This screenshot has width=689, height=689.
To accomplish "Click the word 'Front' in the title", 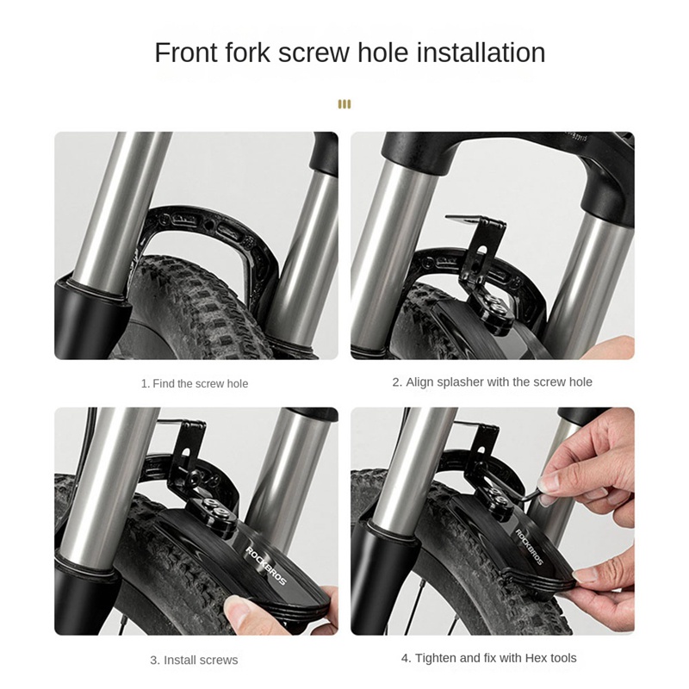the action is (x=186, y=53).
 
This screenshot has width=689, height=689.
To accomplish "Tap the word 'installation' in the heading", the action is (x=481, y=53).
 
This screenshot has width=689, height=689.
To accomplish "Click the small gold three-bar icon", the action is (x=344, y=104).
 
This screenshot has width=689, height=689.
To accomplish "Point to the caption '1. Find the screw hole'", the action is (x=195, y=383).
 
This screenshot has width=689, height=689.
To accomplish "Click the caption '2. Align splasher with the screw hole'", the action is (x=492, y=382).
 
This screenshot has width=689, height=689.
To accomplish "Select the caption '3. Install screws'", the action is (x=194, y=660).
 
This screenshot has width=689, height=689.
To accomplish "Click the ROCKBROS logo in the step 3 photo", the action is (x=265, y=566).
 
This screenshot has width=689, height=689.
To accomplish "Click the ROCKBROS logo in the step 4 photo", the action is (x=529, y=547).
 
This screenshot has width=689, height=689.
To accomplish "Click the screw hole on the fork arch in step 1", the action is (x=209, y=226).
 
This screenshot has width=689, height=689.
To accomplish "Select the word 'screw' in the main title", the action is (x=313, y=53).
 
